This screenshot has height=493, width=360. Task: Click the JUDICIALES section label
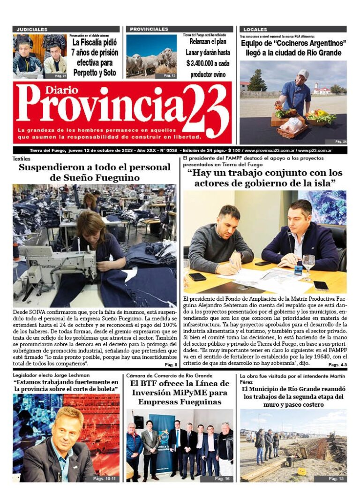[x=32, y=30]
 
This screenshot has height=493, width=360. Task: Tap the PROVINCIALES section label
[x=149, y=29]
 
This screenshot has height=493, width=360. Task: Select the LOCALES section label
[x=255, y=30]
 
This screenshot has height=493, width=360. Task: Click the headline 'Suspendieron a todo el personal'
[x=95, y=167]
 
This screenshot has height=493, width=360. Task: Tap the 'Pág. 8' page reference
[x=171, y=364]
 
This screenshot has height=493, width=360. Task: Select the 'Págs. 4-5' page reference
[x=337, y=364]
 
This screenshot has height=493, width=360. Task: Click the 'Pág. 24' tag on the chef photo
[x=341, y=141]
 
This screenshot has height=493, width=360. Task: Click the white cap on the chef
[x=303, y=74]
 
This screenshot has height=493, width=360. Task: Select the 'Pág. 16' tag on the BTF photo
[x=222, y=478]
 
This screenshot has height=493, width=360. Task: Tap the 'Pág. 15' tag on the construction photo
[x=336, y=478]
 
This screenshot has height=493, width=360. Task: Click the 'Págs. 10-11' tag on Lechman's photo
[x=104, y=478]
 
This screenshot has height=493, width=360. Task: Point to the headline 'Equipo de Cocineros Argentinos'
[x=293, y=44]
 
